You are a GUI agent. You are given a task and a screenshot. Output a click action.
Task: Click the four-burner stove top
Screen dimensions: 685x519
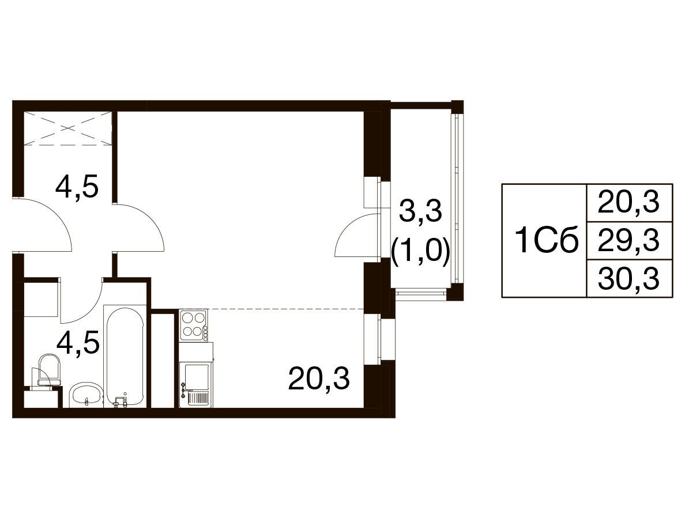click(194, 325)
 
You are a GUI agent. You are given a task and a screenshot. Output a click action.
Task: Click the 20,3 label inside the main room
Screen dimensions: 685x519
click(319, 378)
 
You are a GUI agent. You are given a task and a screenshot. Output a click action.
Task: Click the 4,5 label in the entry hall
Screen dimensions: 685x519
click(77, 188)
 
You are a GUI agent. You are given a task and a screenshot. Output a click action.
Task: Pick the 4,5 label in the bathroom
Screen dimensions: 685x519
click(78, 343)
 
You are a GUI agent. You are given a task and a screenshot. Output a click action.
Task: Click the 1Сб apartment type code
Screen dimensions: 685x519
click(547, 241)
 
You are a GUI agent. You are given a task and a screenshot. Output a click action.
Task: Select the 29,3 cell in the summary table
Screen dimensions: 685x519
click(628, 240)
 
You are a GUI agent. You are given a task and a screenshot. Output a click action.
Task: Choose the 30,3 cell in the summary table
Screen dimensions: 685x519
click(628, 278)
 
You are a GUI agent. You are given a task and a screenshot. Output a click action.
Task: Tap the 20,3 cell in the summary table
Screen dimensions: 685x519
click(628, 202)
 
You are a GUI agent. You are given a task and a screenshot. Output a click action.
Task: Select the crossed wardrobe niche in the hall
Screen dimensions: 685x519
click(67, 128)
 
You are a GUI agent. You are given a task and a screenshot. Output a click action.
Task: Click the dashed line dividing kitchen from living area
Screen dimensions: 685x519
click(286, 309)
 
